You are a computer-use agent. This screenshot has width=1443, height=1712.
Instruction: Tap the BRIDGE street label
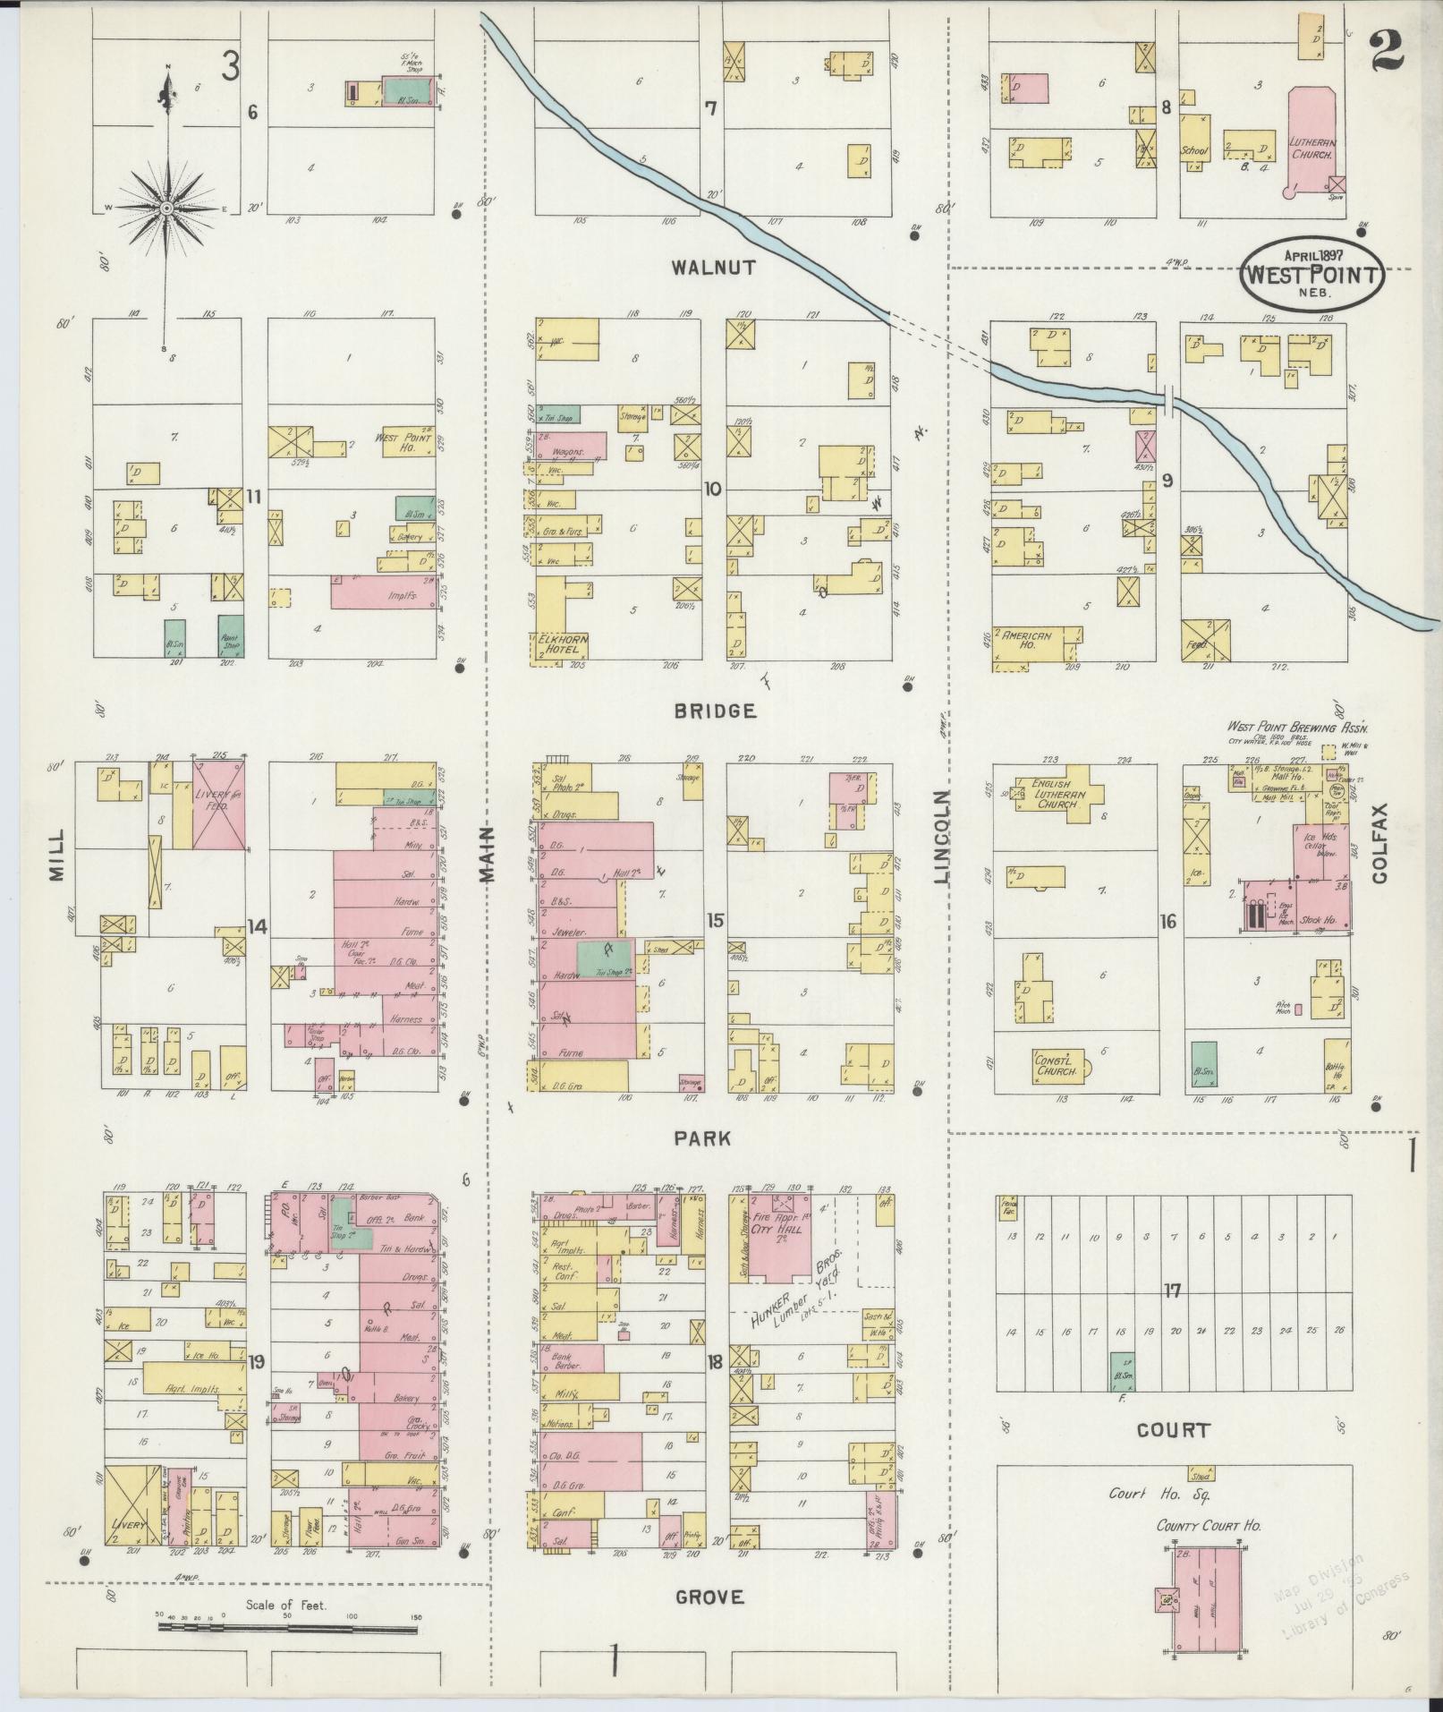(x=715, y=711)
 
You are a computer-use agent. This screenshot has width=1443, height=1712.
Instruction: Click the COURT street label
(x=1173, y=1430)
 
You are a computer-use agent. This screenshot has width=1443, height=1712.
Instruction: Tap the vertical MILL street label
(x=57, y=856)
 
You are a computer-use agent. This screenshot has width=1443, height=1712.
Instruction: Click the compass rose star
(x=166, y=208)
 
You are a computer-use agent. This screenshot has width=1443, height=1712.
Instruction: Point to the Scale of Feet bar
(x=290, y=1624)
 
